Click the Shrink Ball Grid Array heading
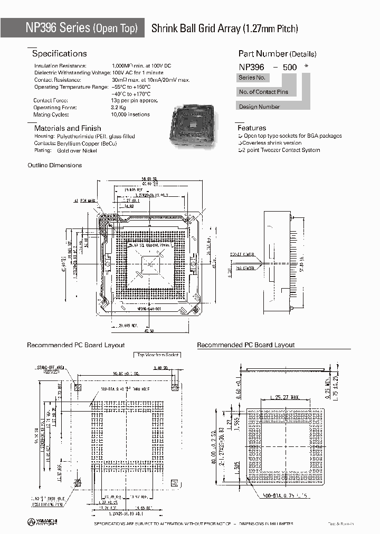[x=225, y=29]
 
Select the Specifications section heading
[x=59, y=54]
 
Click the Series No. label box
[x=252, y=78]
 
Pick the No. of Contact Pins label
[x=264, y=92]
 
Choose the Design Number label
[x=260, y=107]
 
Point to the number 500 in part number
[x=290, y=67]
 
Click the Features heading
[x=252, y=128]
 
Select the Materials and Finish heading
[x=67, y=128]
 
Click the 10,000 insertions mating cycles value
[x=130, y=115]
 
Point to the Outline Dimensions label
[x=54, y=165]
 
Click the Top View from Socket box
[x=158, y=355]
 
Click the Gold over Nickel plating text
[x=78, y=150]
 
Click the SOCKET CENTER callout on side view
[x=242, y=255]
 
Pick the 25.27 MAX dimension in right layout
[x=287, y=397]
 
